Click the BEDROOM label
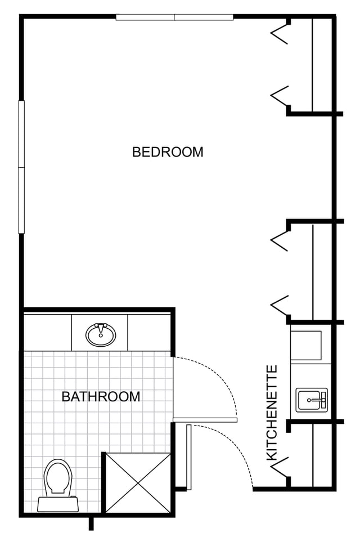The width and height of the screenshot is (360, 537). point(168,152)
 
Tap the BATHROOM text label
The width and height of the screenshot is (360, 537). point(101,397)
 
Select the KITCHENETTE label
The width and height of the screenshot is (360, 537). point(272,413)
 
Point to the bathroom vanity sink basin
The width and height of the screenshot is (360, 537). point(101,334)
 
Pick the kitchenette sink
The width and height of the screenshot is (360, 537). point(312,400)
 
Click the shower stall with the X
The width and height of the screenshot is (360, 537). point(138,482)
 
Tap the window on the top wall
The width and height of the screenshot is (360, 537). point(174,17)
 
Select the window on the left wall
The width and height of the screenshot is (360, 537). point(21,167)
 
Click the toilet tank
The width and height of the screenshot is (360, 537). point(58,504)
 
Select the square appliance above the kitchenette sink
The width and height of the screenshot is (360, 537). point(306,345)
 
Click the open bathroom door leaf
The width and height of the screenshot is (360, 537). point(205,420)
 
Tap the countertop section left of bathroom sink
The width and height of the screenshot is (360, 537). point(48,333)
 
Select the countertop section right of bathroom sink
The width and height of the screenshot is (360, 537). point(149,333)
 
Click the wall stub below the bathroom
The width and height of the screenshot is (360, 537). point(91,523)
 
